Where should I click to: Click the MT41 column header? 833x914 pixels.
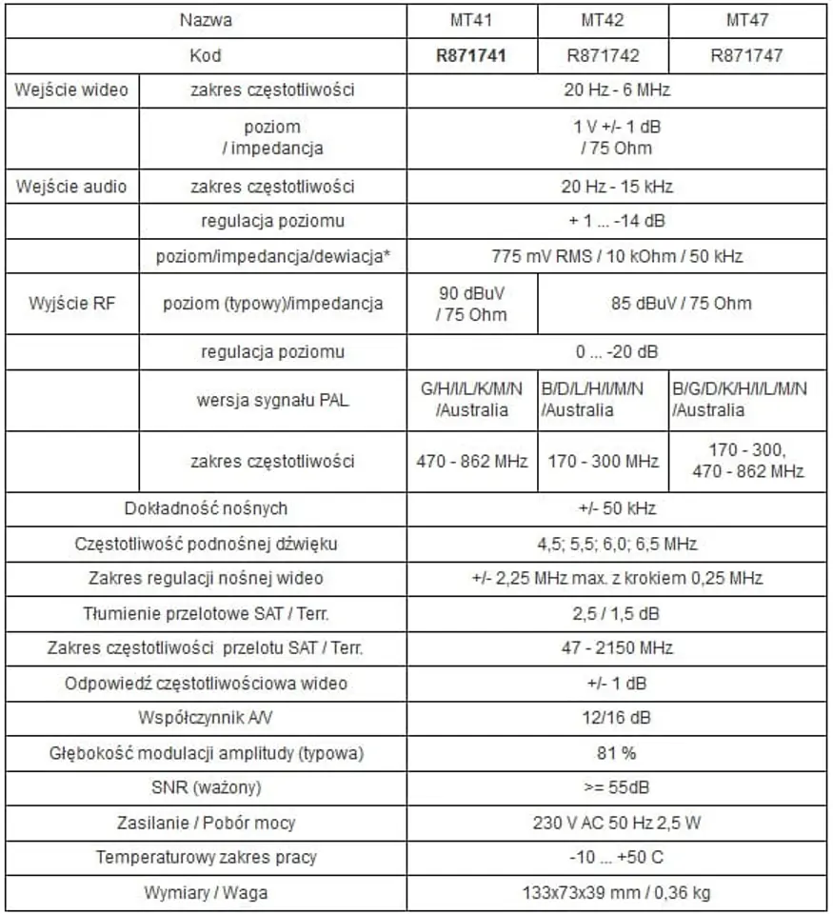(471, 20)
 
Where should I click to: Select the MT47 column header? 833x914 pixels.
(746, 20)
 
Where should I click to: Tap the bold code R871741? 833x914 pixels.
(471, 55)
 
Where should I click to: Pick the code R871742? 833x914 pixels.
(603, 55)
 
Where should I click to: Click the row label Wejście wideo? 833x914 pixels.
(71, 91)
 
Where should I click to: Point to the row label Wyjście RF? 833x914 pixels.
(71, 304)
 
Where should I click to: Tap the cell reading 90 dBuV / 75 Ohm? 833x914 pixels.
(471, 304)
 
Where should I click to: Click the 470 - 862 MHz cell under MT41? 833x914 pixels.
(471, 462)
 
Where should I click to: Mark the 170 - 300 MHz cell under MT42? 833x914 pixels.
(603, 462)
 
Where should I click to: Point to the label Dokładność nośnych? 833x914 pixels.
(206, 508)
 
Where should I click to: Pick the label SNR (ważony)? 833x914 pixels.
(206, 787)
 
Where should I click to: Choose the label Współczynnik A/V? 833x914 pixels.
(206, 718)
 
